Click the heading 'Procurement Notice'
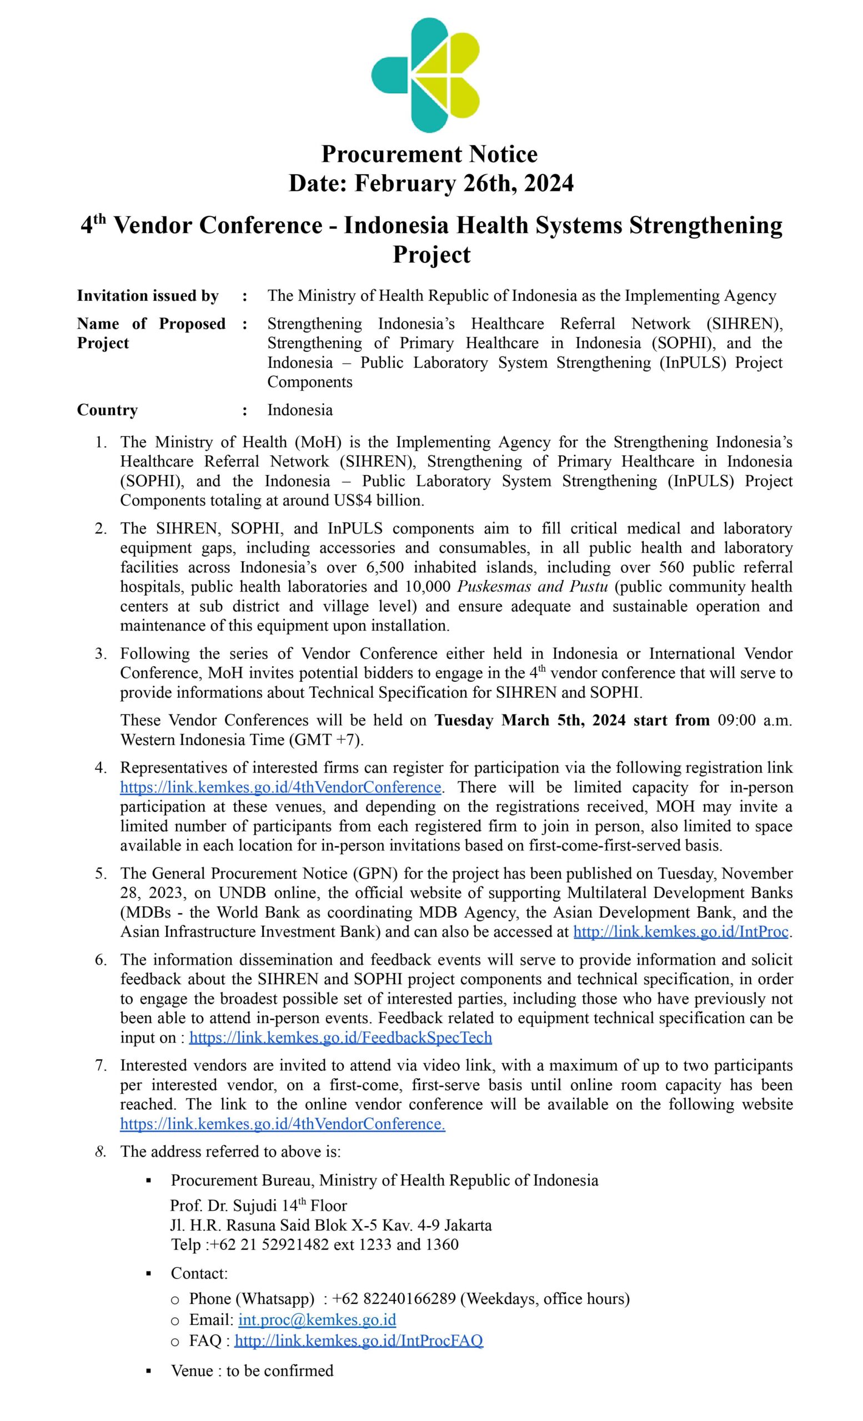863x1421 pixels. click(429, 154)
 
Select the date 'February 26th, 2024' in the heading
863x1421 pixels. click(464, 183)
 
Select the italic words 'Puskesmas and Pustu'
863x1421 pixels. click(533, 587)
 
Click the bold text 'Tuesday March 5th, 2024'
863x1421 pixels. click(529, 720)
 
